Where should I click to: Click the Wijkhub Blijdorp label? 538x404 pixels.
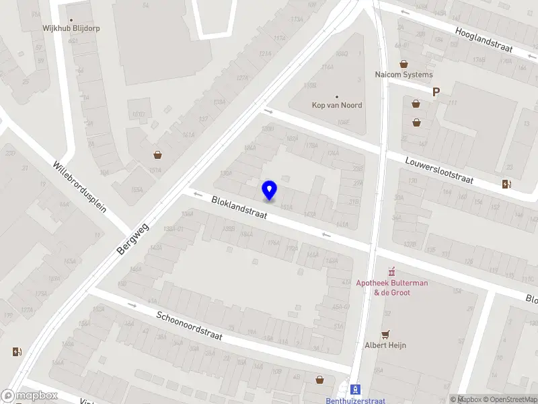point(71,29)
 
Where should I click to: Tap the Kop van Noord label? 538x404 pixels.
point(337,105)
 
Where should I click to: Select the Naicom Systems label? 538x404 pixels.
point(403,75)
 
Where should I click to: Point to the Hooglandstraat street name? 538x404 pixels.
point(484,40)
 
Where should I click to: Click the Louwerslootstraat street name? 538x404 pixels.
point(439,171)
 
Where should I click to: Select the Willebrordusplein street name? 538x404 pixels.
point(80,187)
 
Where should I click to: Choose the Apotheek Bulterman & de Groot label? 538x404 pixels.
point(392,288)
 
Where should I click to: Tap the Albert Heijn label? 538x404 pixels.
point(385,345)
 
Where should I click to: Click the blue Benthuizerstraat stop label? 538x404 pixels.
point(355,401)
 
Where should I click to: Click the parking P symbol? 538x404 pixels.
point(436,92)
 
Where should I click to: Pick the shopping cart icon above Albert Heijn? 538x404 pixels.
point(385,334)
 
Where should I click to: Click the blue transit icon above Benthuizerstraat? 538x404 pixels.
point(355,389)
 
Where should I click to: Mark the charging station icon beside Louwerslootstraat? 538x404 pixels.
point(506,184)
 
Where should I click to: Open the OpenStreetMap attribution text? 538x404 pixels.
point(510,400)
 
